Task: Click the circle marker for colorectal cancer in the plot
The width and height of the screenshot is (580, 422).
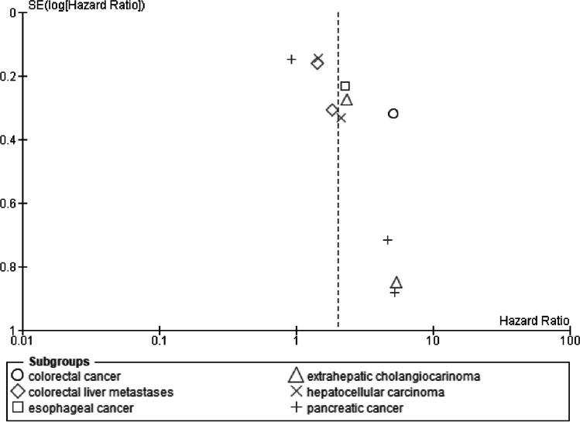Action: pyautogui.click(x=393, y=114)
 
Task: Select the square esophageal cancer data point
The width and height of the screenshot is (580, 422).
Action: pyautogui.click(x=345, y=86)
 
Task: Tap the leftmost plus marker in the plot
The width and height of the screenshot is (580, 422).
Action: pyautogui.click(x=292, y=59)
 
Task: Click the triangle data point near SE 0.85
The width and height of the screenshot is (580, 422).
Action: pyautogui.click(x=396, y=283)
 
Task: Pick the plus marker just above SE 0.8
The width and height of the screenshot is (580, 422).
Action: pyautogui.click(x=388, y=240)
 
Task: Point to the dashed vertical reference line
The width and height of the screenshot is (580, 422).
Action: pyautogui.click(x=338, y=194)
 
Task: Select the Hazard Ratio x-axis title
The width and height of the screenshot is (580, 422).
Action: pyautogui.click(x=534, y=321)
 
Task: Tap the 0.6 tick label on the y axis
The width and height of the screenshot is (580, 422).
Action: pyautogui.click(x=12, y=204)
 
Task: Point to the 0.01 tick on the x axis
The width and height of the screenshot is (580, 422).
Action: pyautogui.click(x=23, y=339)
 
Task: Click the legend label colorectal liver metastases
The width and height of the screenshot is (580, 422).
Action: pyautogui.click(x=101, y=392)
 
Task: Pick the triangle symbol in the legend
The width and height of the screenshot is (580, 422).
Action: pyautogui.click(x=295, y=376)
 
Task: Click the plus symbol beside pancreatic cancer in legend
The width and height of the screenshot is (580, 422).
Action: pyautogui.click(x=295, y=407)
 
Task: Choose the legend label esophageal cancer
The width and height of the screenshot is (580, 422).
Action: pyautogui.click(x=81, y=407)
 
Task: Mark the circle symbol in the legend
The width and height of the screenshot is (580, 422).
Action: pyautogui.click(x=18, y=376)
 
